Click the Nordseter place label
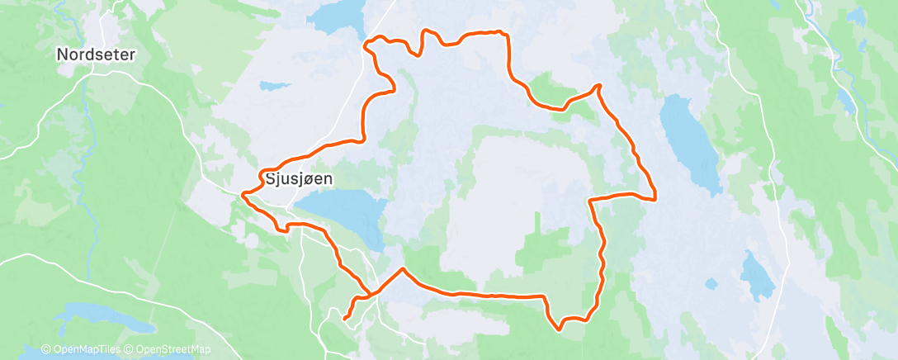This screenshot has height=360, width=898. [x=95, y=54]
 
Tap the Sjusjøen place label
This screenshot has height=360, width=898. [x=292, y=178]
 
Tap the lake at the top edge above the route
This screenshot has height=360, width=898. [x=339, y=15]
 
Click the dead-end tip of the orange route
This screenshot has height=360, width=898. [x=343, y=317]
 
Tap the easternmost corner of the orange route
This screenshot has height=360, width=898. [x=655, y=198]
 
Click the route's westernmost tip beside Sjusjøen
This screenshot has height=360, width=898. [x=242, y=196]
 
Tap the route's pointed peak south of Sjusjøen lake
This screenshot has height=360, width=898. [x=403, y=268]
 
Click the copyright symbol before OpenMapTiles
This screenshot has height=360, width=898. [x=46, y=350]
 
